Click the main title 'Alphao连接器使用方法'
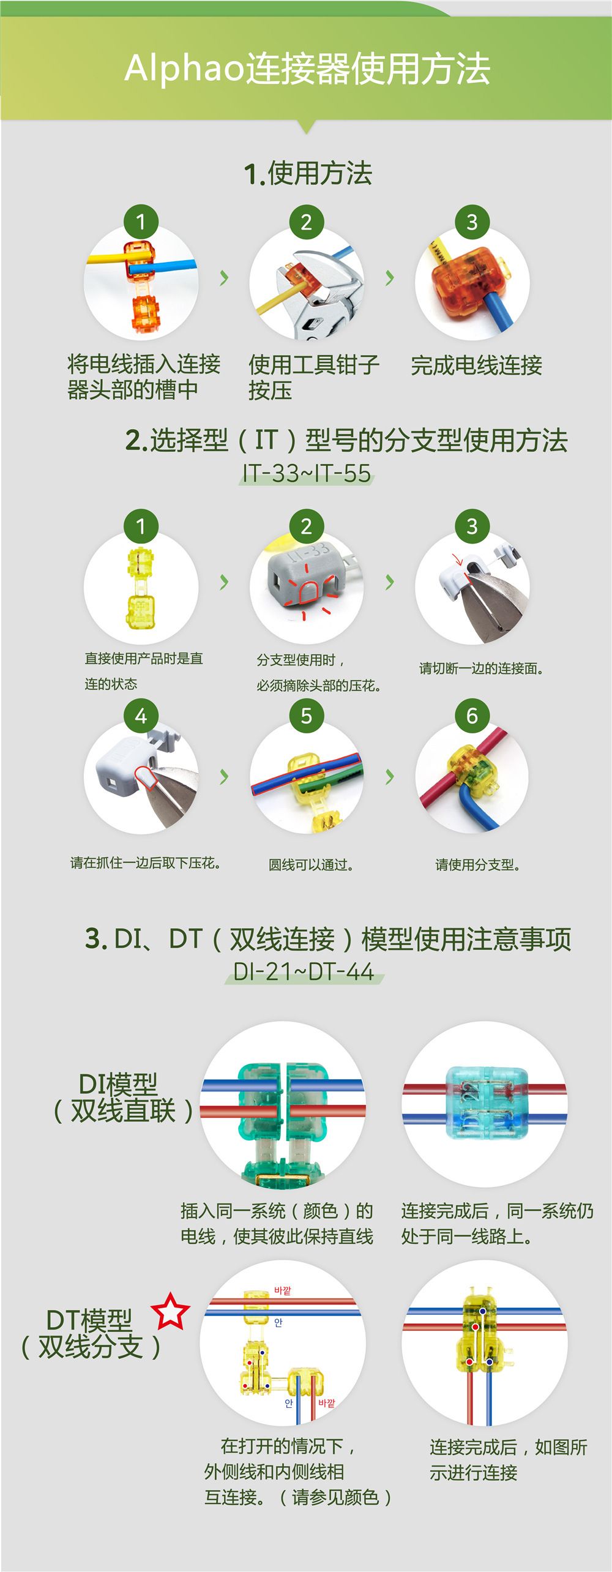[307, 68]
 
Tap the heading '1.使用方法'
[308, 173]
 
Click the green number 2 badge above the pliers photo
[306, 222]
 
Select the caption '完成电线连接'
[476, 365]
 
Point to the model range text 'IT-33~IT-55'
[307, 473]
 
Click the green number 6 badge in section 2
[472, 715]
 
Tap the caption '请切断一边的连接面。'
[482, 668]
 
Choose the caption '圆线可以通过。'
[311, 865]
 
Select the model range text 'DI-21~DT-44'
[304, 971]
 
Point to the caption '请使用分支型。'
[478, 864]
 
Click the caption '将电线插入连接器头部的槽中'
[143, 376]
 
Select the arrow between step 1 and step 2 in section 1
[224, 278]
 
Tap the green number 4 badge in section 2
[141, 715]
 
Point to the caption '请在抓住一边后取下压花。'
[146, 863]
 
